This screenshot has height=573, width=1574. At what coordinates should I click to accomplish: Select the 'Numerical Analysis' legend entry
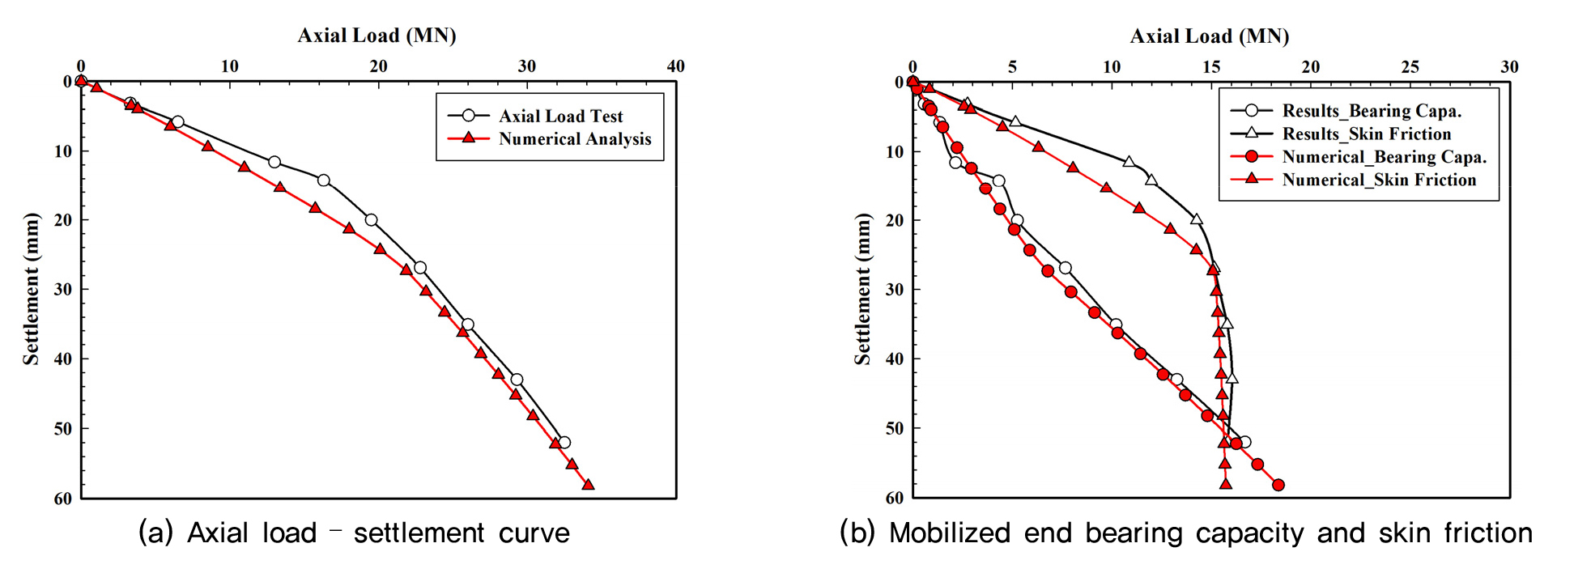(x=574, y=138)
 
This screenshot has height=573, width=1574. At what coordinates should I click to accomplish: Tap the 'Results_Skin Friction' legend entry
(x=1366, y=134)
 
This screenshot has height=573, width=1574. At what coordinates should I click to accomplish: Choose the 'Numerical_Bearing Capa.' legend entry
(x=1384, y=156)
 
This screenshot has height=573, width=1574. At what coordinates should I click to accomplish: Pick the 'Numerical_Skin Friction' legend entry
(x=1379, y=180)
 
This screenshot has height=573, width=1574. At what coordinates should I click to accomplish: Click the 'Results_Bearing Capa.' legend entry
(x=1372, y=111)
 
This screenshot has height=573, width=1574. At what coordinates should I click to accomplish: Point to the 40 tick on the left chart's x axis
(x=675, y=66)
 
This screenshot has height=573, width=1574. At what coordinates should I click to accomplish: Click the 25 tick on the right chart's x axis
(x=1410, y=67)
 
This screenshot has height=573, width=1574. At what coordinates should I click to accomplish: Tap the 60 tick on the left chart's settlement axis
(x=63, y=499)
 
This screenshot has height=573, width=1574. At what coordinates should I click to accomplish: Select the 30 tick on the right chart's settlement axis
(x=895, y=290)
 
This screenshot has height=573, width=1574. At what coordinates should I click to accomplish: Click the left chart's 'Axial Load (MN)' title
(x=376, y=36)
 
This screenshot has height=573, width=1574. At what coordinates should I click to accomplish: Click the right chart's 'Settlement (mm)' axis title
(x=862, y=289)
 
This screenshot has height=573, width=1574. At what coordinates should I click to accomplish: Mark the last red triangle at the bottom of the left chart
(x=588, y=485)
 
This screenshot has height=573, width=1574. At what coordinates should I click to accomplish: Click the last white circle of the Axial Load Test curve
(x=564, y=443)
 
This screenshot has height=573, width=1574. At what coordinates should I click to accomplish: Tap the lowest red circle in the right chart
(x=1278, y=486)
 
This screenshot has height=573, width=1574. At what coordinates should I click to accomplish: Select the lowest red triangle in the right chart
(x=1226, y=484)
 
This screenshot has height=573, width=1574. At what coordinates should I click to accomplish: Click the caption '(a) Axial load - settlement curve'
(x=354, y=533)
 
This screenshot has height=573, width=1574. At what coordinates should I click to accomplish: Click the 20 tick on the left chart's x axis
(x=378, y=66)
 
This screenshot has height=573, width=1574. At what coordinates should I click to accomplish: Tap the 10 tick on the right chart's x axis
(x=1112, y=67)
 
